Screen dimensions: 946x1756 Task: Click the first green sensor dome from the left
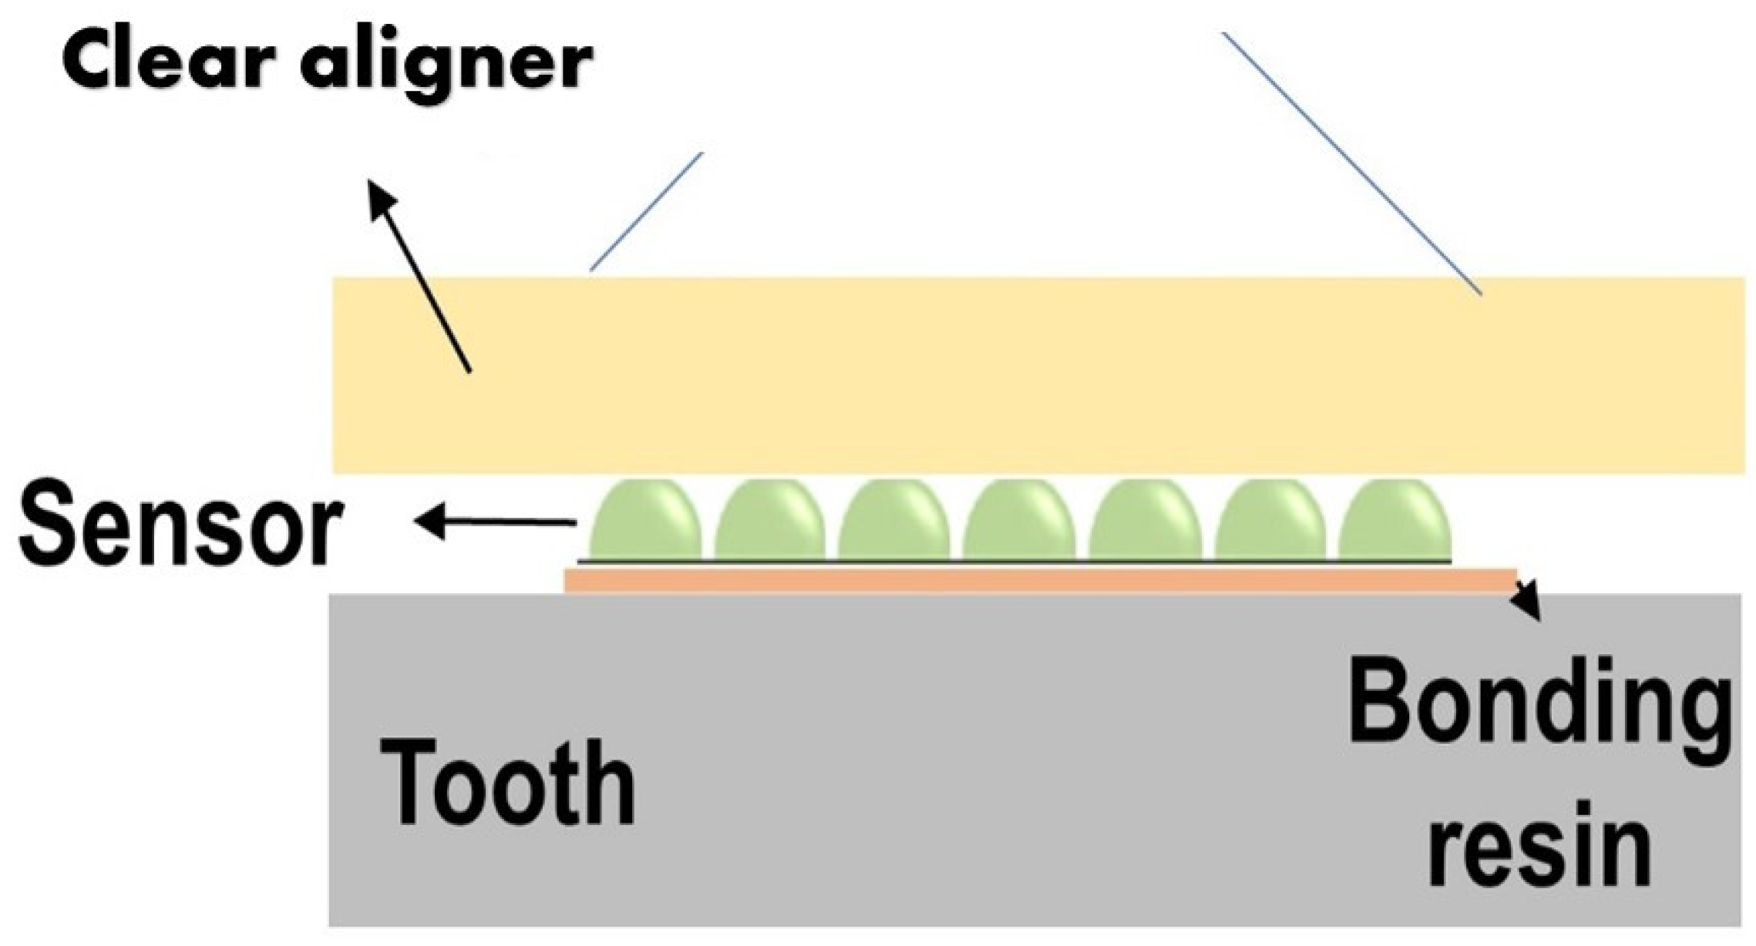[x=646, y=522]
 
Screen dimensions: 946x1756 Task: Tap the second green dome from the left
[x=769, y=522]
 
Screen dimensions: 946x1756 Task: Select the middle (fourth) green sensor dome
[x=1019, y=522]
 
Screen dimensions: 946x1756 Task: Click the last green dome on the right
[x=1395, y=522]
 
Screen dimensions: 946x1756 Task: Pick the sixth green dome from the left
[x=1270, y=522]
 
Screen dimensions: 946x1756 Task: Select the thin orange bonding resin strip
[x=1041, y=581]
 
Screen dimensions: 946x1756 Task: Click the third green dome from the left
[x=894, y=522]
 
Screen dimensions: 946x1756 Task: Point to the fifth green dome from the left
[x=1145, y=522]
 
